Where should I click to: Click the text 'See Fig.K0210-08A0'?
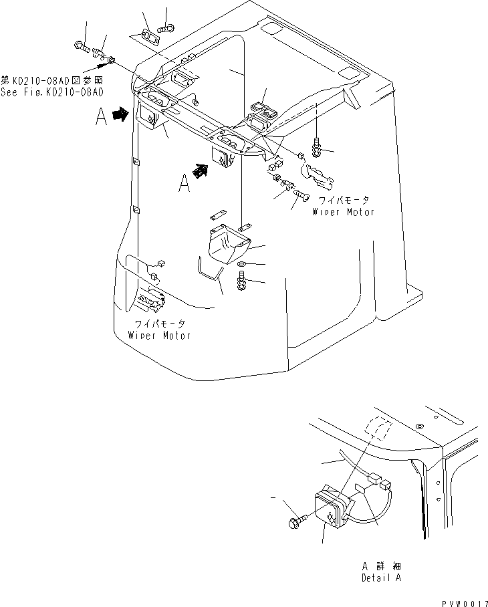(53, 93)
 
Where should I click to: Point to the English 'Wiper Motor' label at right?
(344, 212)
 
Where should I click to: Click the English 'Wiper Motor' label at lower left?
(160, 335)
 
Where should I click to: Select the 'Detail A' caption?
(381, 578)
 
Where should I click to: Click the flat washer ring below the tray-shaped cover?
(241, 266)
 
